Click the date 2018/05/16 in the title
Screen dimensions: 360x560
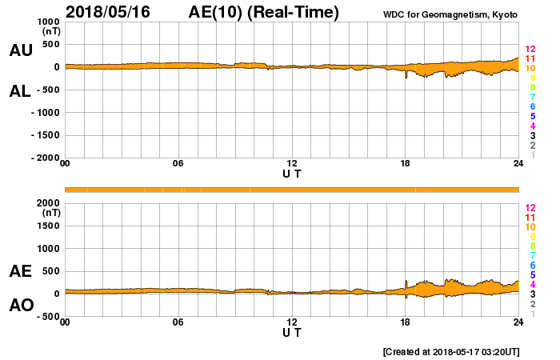[109, 11]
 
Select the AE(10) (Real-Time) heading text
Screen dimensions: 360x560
[263, 11]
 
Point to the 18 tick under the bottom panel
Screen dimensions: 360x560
[405, 322]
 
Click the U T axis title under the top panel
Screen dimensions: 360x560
[292, 173]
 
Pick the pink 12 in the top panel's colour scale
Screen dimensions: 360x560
[530, 50]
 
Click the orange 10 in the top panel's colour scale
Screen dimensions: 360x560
[530, 69]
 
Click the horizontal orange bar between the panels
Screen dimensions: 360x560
[292, 189]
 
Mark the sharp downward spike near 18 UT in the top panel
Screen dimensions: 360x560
[406, 77]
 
